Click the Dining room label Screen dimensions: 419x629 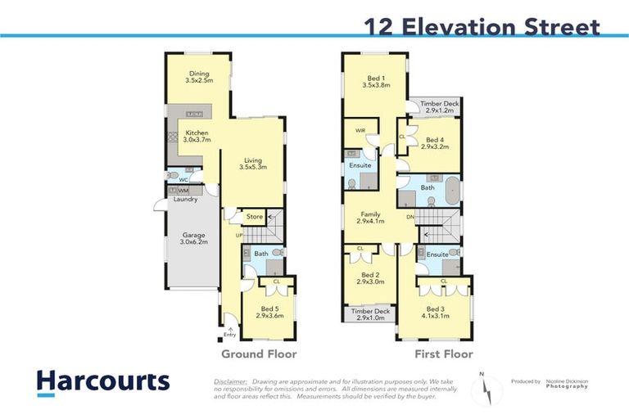tap(199, 78)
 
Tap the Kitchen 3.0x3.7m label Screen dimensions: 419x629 tap(197, 137)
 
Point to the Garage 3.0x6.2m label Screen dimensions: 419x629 tap(193, 239)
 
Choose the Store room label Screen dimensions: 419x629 tap(255, 217)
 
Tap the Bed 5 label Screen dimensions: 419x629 tap(269, 312)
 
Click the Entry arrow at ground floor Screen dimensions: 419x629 tap(229, 329)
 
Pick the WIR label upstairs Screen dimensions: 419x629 tap(360, 130)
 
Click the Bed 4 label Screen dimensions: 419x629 tap(435, 142)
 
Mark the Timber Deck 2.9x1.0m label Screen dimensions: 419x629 tap(370, 314)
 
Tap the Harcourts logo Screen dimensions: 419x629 tap(102, 382)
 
